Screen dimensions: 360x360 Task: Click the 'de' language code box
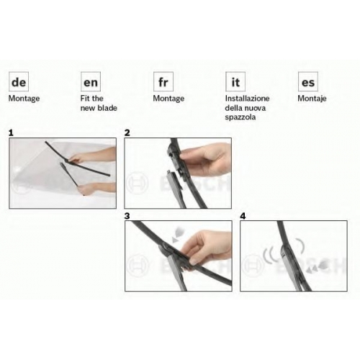[x=19, y=81]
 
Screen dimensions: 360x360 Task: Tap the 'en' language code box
[x=91, y=81]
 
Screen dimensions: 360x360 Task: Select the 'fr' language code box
[x=163, y=81]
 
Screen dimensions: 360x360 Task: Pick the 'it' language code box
[x=235, y=81]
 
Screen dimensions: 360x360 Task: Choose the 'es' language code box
[x=308, y=81]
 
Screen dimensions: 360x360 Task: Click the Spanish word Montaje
[x=312, y=99]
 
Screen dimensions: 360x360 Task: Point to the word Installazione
[x=247, y=99]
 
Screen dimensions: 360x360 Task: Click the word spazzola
[x=240, y=117]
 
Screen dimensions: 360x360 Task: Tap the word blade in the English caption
[x=107, y=108]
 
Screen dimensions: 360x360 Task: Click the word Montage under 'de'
[x=24, y=99]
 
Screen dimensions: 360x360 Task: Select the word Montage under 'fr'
[x=168, y=99]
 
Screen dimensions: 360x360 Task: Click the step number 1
[x=11, y=132]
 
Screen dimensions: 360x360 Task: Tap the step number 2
[x=127, y=132]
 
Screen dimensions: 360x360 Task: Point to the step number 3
[x=127, y=216]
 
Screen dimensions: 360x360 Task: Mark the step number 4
[x=243, y=216]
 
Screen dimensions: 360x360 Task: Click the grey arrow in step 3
[x=177, y=235]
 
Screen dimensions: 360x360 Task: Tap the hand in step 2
[x=207, y=160]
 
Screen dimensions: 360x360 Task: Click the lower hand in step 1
[x=96, y=188]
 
